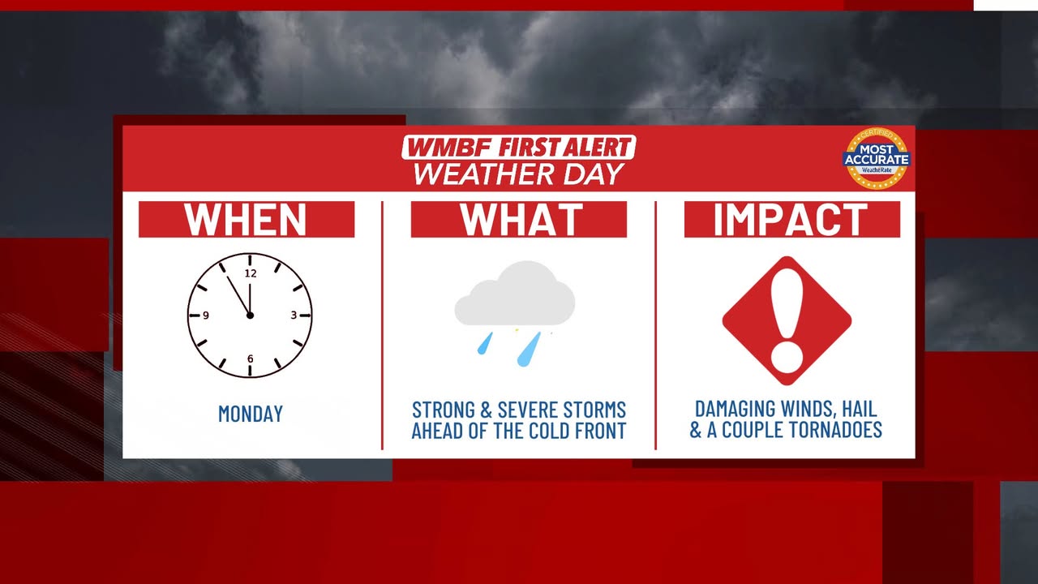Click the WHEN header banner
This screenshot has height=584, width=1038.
[x=247, y=219]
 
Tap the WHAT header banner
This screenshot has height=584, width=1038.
[x=518, y=219]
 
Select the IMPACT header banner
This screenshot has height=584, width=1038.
[x=792, y=219]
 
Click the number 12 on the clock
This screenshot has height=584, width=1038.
[x=251, y=273]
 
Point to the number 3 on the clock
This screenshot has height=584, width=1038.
[x=294, y=316]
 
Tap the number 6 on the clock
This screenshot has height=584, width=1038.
[x=251, y=359]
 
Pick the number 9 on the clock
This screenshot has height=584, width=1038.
[x=206, y=316]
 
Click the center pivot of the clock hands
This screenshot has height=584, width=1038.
[x=250, y=316]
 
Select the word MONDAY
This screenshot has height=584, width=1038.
[x=251, y=414]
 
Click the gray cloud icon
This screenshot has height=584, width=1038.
[x=515, y=294]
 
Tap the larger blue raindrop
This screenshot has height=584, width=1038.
[x=529, y=349]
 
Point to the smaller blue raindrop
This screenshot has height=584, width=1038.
[x=485, y=343]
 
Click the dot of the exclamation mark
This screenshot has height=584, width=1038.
[x=787, y=359]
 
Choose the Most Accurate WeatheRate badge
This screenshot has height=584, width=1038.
[x=877, y=158]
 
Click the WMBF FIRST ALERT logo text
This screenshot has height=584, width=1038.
[x=518, y=148]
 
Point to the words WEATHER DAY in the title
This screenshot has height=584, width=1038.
[x=518, y=174]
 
